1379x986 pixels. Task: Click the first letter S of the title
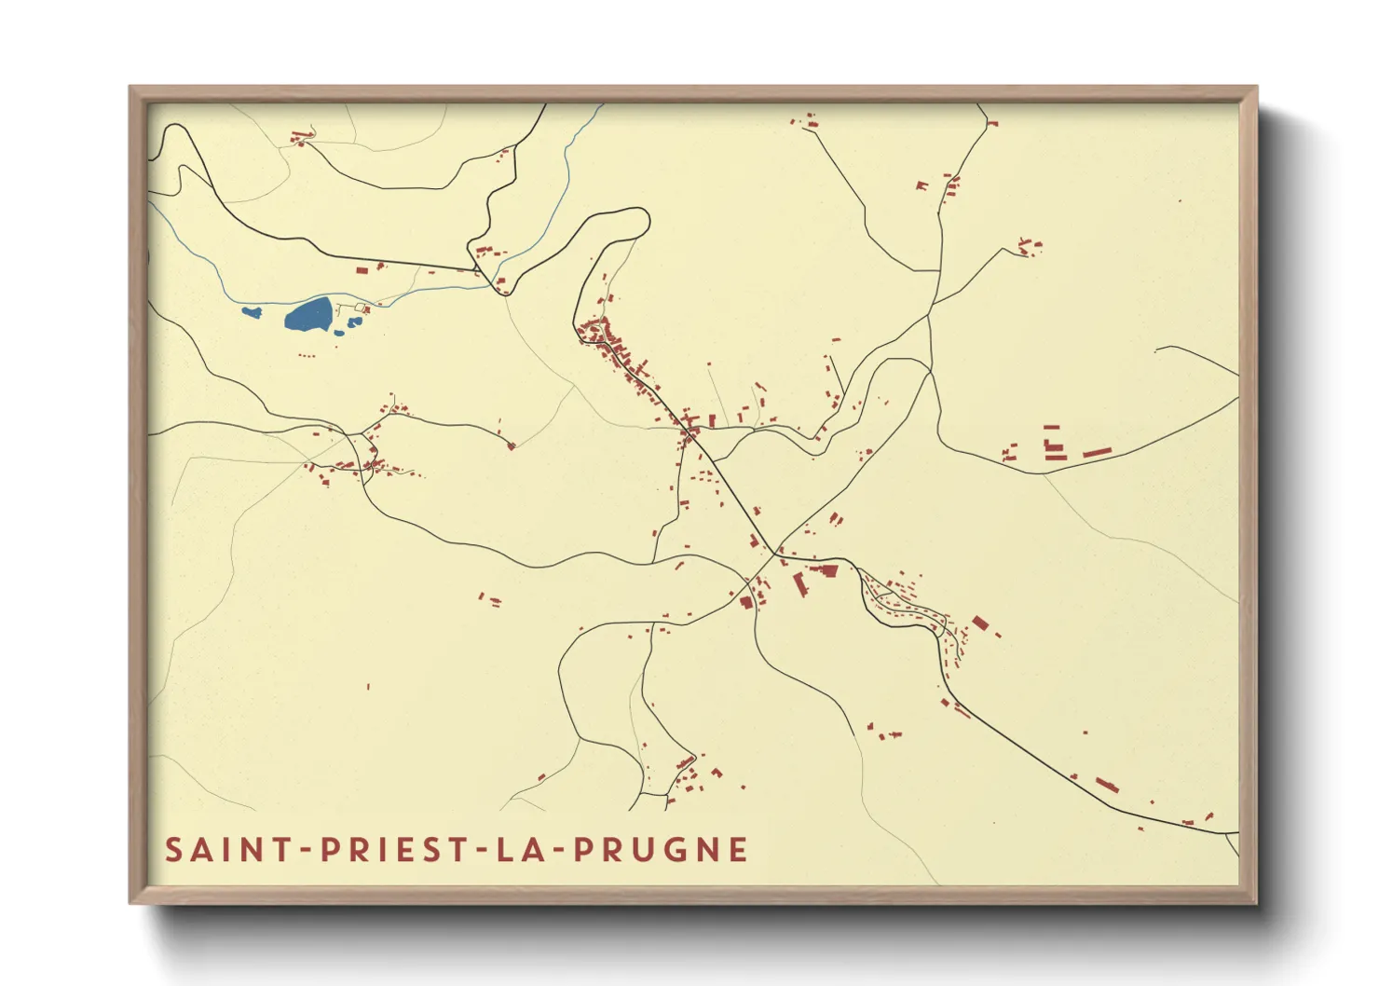[x=174, y=850]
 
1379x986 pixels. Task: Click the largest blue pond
[x=308, y=315]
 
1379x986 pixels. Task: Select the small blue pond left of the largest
[x=251, y=312]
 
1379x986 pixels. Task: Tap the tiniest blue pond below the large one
[x=339, y=332]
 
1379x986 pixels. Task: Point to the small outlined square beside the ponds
[x=361, y=307]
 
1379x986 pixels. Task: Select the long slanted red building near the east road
[x=1097, y=453]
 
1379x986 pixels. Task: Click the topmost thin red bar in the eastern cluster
[x=1052, y=427]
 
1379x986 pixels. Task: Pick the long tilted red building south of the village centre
[x=799, y=584]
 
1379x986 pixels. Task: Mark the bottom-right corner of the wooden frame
[x=1255, y=901]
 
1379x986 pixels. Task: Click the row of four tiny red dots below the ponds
[x=306, y=355]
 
